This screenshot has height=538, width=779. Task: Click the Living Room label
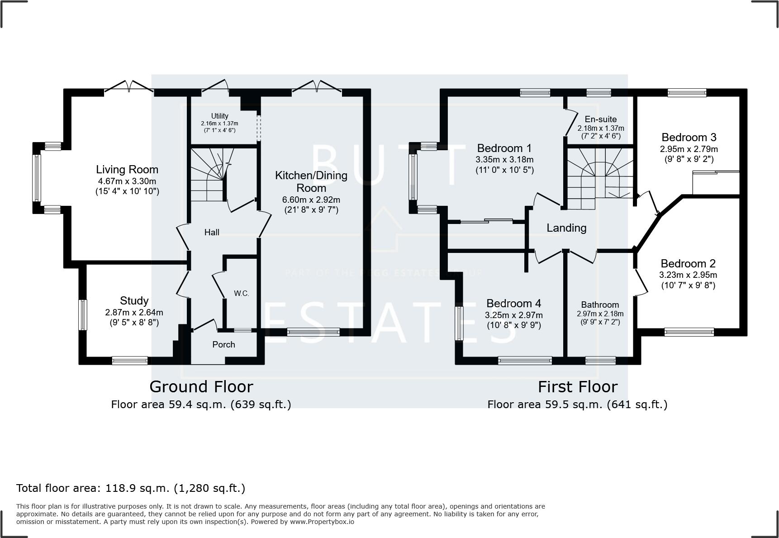pos(127,170)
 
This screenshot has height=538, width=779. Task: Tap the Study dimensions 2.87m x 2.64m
pos(134,313)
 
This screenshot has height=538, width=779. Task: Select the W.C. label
pos(242,293)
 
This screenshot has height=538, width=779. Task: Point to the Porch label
pos(223,345)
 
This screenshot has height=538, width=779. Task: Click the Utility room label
pos(220,116)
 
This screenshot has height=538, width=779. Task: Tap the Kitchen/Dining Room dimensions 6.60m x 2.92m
pos(311,200)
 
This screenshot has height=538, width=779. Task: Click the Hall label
pos(212,232)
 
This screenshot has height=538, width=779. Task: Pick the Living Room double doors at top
pos(129,87)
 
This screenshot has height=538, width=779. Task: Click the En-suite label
pos(600,119)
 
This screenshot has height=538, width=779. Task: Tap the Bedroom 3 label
pos(689,138)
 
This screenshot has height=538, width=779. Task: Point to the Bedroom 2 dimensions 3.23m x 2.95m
pos(688,275)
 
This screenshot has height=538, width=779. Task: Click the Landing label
pos(566,228)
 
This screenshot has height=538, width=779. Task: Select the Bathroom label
pos(600,305)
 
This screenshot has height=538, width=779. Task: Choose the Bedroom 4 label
pos(513,303)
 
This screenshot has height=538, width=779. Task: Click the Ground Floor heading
pos(201,387)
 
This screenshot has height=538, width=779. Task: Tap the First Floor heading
pos(577,387)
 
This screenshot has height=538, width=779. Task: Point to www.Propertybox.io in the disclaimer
pos(322,522)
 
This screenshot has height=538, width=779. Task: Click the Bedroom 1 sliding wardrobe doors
pos(486,221)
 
